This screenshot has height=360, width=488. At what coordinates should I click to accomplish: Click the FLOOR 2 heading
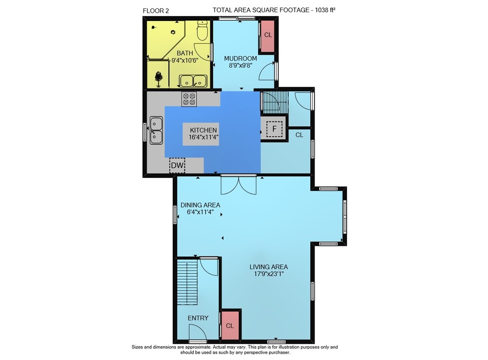pos(156,11)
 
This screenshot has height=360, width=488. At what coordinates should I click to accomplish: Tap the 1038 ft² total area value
pos(325,10)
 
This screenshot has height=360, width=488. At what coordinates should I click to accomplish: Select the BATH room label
pos(185,53)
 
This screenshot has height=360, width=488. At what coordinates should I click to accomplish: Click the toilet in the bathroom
pos(203,30)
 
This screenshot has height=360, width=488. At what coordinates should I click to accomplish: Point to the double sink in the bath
pos(193,81)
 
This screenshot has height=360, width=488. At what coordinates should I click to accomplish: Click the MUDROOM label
pos(241,59)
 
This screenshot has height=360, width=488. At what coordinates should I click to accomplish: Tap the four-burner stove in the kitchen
pos(189,99)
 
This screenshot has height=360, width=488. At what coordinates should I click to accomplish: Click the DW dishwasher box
pos(178,165)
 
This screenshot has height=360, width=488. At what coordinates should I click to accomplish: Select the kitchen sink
pos(156,130)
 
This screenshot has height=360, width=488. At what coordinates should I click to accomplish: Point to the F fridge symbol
pos(274,129)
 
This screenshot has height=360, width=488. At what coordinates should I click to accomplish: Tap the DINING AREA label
pos(201,205)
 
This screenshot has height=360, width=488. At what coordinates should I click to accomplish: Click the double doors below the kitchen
pos(239,185)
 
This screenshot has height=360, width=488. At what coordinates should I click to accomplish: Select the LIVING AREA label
pos(268,267)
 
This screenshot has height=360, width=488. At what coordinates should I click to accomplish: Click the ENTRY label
pos(198,318)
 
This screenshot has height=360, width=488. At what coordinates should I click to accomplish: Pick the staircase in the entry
pos(187,282)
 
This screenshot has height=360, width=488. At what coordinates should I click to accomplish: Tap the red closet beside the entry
pos(230,325)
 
